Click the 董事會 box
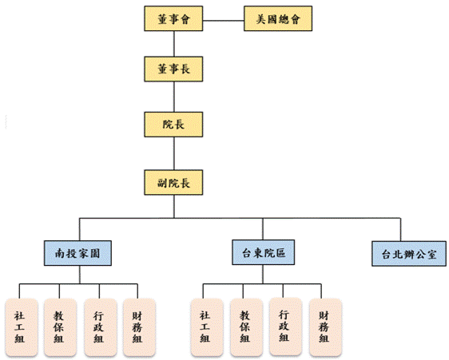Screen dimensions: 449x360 tap(173, 18)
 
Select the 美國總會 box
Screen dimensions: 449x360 tap(278, 18)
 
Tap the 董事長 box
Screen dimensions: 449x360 tap(173, 69)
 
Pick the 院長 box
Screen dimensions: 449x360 tap(173, 125)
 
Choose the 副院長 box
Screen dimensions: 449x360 tap(173, 183)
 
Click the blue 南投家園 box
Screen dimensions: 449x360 tap(77, 253)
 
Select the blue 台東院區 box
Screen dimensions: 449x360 tap(264, 252)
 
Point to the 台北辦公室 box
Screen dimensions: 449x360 tap(409, 254)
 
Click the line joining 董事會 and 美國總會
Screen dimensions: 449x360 tap(224, 21)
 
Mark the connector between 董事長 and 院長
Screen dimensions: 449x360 tap(174, 97)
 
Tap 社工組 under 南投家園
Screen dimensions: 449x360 tap(22, 327)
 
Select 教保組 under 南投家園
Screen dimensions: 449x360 tap(60, 327)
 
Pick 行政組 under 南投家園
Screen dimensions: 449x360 tap(101, 327)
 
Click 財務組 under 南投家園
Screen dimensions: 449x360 tap(139, 327)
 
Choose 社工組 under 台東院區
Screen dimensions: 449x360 tap(207, 327)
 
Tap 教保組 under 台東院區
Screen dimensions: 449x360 tap(247, 327)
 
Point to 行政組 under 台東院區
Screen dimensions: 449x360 tap(286, 326)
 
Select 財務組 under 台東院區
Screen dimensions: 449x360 tap(326, 327)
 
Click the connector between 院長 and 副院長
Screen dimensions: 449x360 tap(174, 154)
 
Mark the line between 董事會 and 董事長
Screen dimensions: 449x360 tap(174, 44)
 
